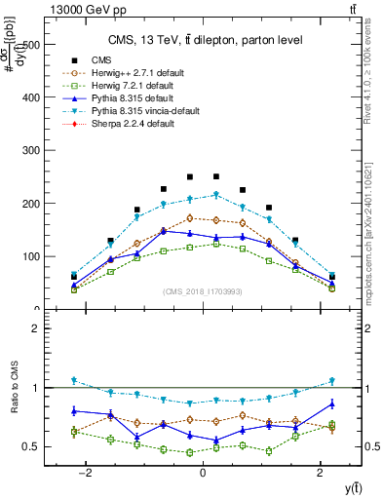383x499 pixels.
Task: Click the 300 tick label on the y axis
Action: (x=37, y=151)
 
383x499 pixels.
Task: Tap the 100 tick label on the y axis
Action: (x=37, y=257)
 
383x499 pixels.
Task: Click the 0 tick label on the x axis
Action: (x=202, y=473)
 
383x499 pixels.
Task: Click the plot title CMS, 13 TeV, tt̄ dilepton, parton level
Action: (x=202, y=39)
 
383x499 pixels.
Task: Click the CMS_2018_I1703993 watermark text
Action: (x=202, y=292)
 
